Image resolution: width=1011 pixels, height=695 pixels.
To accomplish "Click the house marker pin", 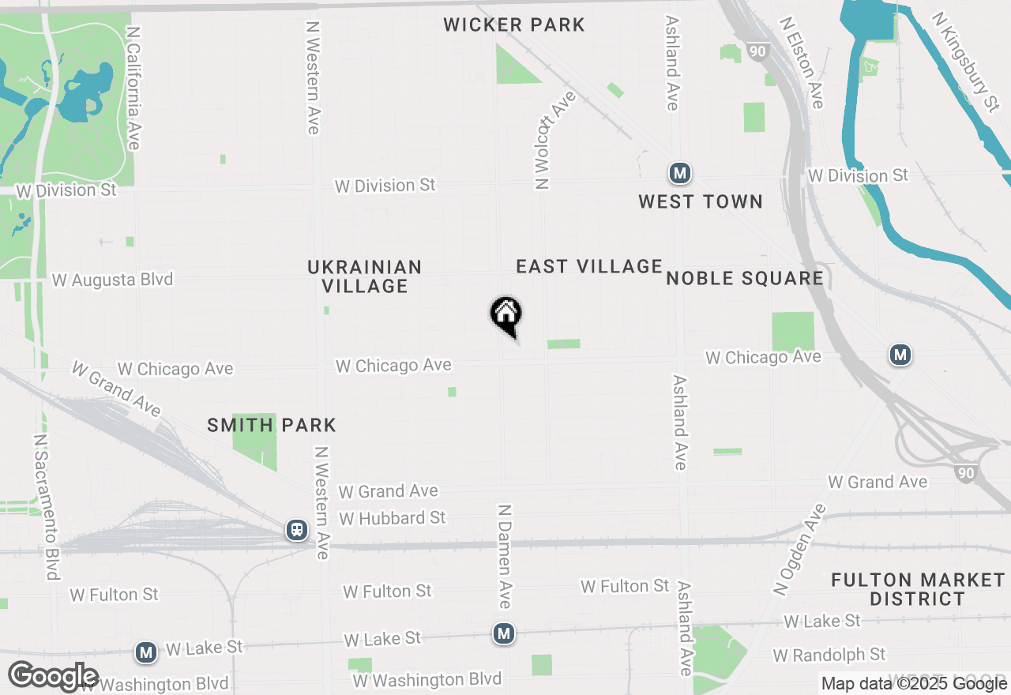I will point(505,314).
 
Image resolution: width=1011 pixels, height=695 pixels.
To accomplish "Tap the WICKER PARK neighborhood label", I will point(514,24).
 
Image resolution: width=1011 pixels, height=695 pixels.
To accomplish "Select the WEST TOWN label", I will point(701,202).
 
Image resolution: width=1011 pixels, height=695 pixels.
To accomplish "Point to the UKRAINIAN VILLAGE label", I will point(365,276).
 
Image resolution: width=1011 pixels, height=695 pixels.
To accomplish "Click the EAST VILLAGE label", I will point(589,267).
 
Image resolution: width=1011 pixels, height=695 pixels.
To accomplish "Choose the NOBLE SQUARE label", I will point(745,278).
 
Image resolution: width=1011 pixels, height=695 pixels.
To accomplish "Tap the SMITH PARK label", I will point(272,426).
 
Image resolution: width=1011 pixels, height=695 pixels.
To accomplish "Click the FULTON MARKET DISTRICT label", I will point(918,589).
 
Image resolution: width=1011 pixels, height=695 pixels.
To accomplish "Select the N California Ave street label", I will point(133,88).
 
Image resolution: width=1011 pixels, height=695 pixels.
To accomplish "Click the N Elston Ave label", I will point(802,63).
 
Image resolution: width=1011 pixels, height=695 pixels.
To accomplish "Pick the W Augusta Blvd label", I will point(112,280).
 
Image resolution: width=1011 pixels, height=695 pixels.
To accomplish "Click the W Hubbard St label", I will point(393,518).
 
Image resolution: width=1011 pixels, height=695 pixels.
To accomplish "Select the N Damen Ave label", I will point(505,556).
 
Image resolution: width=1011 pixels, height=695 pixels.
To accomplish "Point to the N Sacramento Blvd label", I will point(47,506).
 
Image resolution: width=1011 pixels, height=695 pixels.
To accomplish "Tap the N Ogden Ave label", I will point(799,550).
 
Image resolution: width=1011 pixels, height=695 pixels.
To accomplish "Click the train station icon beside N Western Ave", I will point(297,529).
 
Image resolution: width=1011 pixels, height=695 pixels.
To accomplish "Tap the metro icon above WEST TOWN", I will point(679,172).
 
